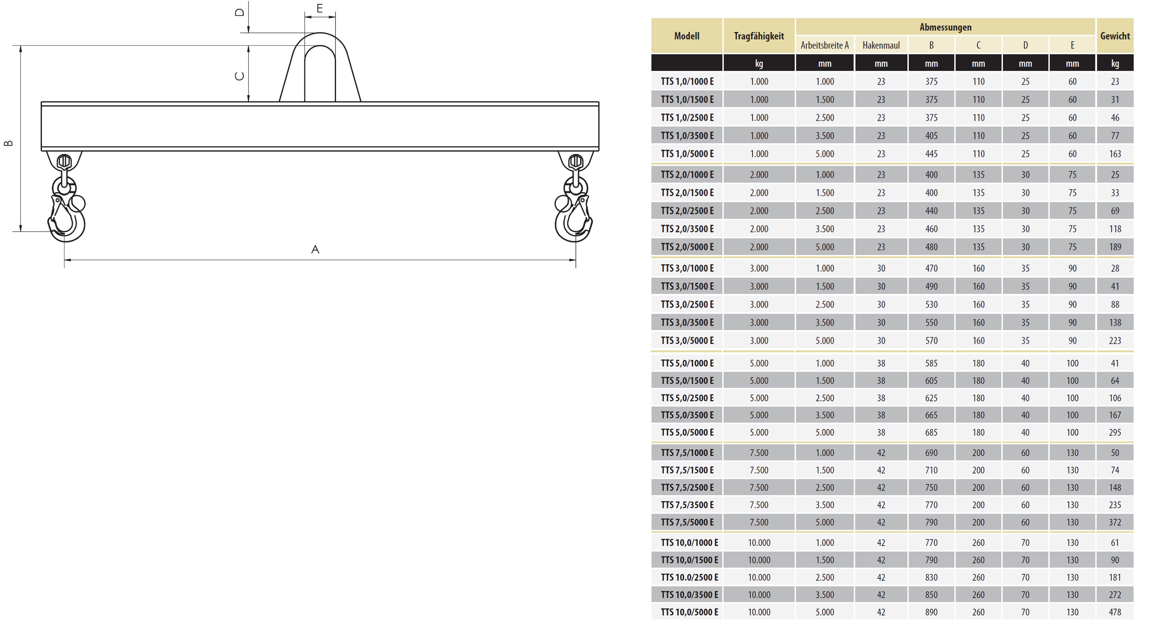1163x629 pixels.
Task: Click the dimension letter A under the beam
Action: point(315,249)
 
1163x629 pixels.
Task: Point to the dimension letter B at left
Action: point(8,143)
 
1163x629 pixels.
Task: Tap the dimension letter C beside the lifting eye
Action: point(240,76)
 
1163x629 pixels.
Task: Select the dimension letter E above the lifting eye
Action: point(320,8)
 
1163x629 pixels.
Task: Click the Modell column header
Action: point(687,36)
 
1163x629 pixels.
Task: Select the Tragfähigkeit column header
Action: point(759,36)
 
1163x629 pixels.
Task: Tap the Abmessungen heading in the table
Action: point(945,27)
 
